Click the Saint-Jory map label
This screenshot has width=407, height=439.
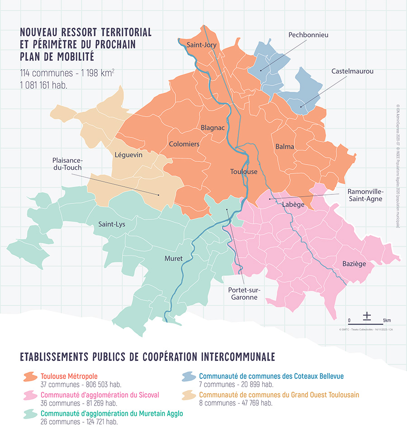(x=202, y=45)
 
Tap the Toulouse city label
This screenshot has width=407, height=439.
(x=244, y=172)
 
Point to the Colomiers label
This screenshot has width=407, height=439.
(x=184, y=144)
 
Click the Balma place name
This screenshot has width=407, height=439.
(x=284, y=146)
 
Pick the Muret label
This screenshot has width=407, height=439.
(x=174, y=259)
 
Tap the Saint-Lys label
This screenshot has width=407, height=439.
(x=112, y=224)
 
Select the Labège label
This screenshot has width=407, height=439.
(x=293, y=205)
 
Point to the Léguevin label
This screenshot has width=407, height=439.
(x=128, y=155)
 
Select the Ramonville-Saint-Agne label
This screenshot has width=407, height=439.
(x=365, y=195)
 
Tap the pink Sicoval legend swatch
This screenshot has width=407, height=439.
(x=30, y=395)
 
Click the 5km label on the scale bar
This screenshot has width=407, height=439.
(x=387, y=320)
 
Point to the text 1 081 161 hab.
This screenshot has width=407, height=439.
(x=43, y=85)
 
